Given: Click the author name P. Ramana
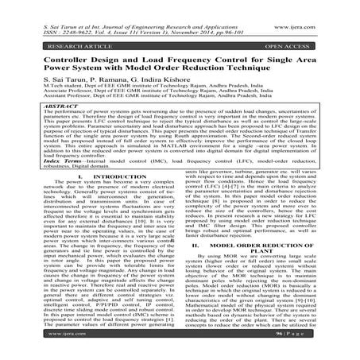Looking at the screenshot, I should click(x=115, y=81).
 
